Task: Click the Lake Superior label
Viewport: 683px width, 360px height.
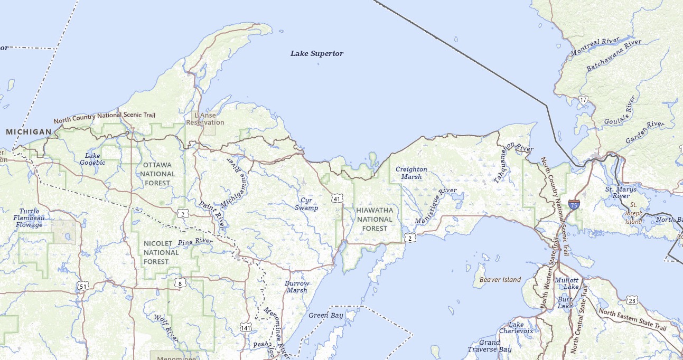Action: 317,53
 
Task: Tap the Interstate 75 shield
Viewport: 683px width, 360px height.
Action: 574,204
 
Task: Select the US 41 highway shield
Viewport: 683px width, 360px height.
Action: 337,198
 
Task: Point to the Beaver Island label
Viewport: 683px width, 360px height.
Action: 500,280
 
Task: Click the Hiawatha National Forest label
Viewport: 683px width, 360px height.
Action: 375,219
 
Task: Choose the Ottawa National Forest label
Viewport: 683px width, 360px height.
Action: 157,174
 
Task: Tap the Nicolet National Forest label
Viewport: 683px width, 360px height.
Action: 161,252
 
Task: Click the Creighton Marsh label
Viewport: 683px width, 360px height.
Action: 411,173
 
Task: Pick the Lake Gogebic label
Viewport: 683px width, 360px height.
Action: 92,159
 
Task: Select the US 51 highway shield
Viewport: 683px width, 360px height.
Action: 82,286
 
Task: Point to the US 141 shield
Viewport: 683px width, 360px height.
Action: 246,328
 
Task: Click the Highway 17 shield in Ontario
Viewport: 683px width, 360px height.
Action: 583,99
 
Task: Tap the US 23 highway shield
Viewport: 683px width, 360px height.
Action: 633,300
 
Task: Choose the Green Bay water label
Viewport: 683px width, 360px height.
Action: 326,316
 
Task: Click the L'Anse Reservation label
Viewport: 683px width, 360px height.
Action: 205,119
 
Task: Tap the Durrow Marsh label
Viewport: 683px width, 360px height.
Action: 297,287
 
